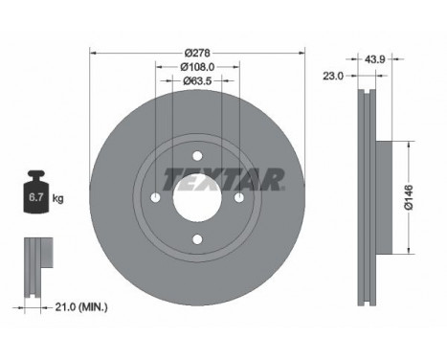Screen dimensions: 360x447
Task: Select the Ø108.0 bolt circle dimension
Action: (x=196, y=67)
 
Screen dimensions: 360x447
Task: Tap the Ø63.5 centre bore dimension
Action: (x=196, y=82)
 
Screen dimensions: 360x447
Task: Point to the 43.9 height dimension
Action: (x=375, y=59)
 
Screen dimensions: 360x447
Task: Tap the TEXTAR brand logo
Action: (x=223, y=180)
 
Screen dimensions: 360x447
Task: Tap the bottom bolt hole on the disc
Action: (x=196, y=239)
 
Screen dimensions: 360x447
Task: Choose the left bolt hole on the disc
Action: (x=156, y=198)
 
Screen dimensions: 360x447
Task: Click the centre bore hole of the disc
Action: (x=196, y=198)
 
